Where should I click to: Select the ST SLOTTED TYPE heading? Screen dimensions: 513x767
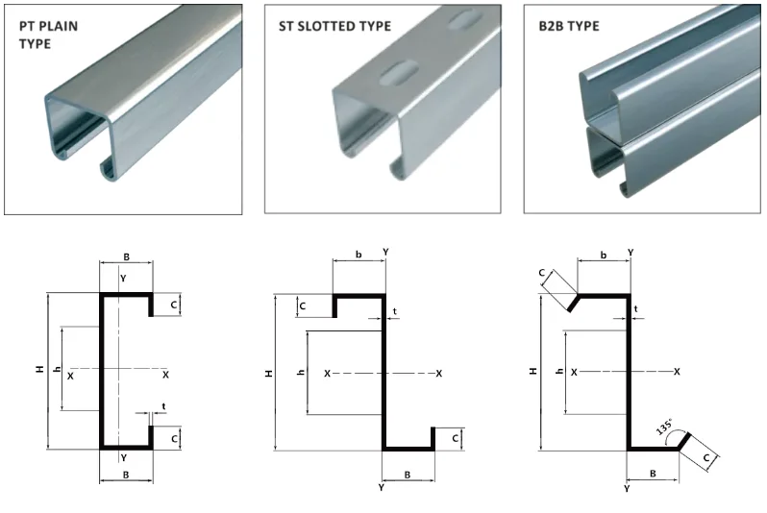point(334,26)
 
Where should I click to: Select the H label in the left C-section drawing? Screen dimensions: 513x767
point(39,369)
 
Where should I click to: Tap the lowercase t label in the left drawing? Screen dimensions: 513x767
point(164,406)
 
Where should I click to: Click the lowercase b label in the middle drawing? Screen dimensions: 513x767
point(359,255)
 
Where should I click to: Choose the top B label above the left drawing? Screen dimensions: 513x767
point(126,257)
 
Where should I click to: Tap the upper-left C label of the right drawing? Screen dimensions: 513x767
point(543,275)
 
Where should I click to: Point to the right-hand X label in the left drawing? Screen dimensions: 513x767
point(166,374)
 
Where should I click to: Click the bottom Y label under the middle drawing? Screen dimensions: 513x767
point(382,489)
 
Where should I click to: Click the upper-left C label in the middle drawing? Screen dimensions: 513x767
point(303,306)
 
